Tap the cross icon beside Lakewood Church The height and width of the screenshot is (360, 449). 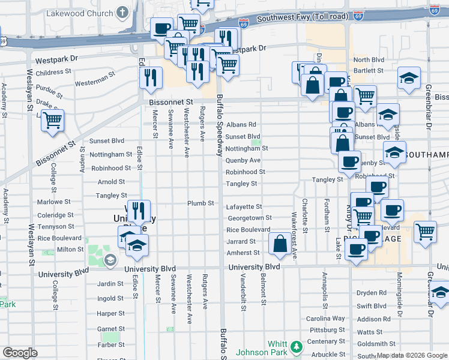coord(123,12)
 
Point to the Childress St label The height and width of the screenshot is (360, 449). coord(53,72)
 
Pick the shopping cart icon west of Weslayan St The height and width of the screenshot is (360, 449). coord(53,120)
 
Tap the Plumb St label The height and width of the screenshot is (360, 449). coord(200,203)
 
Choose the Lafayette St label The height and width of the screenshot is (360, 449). coord(244,206)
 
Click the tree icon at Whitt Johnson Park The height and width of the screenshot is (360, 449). coord(296,347)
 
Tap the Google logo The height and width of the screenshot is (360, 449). coord(20,353)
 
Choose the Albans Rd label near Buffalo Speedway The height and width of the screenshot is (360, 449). coord(241,124)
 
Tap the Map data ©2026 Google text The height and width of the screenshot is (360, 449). coord(411,355)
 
